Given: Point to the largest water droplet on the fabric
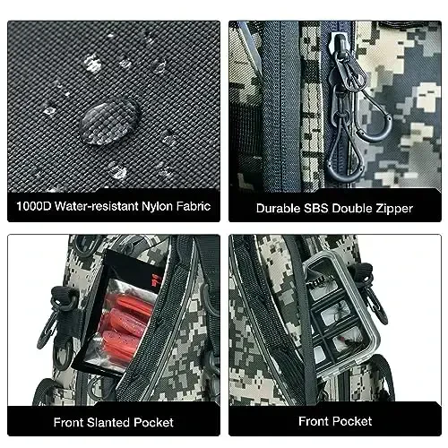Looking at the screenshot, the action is pyautogui.click(x=109, y=122).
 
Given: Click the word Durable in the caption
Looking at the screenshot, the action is pyautogui.click(x=279, y=208).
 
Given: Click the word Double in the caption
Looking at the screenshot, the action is pyautogui.click(x=352, y=208).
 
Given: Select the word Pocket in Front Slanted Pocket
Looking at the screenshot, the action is pyautogui.click(x=153, y=422).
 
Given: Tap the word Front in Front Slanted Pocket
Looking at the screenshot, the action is pyautogui.click(x=69, y=422).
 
